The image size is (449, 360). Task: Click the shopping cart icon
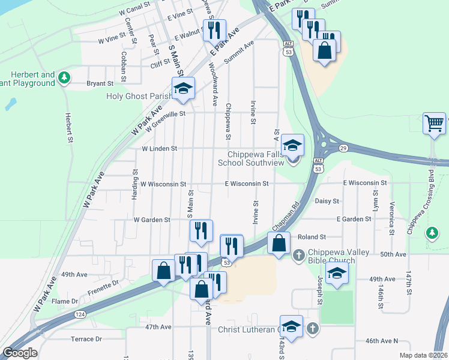click(x=434, y=124)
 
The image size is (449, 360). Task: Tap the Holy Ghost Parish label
click(x=139, y=95)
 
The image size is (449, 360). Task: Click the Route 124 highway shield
click(x=79, y=314)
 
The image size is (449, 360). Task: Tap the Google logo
click(x=20, y=353)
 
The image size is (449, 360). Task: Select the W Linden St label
click(x=159, y=148)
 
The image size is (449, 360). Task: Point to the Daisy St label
click(x=327, y=201)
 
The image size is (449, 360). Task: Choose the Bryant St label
click(x=100, y=83)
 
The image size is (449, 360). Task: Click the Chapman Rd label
click(x=288, y=214)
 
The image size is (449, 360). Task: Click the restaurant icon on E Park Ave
click(x=214, y=30)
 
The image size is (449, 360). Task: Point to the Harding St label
click(x=136, y=187)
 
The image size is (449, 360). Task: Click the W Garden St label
click(x=152, y=220)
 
